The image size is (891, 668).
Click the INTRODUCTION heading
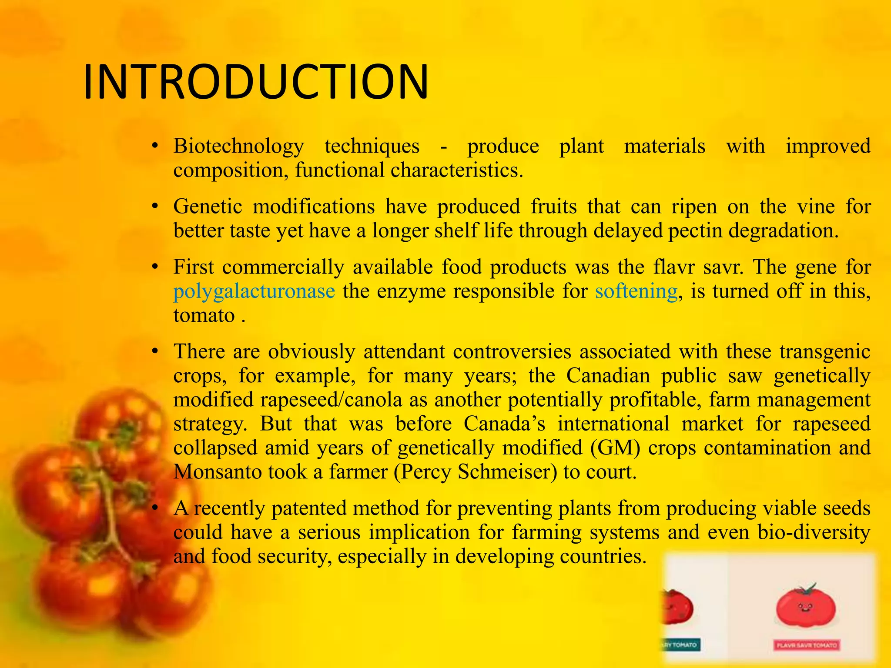coord(256,82)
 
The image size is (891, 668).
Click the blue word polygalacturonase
coord(254,291)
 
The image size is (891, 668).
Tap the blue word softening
coord(636,291)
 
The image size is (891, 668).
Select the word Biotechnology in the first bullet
coord(238,147)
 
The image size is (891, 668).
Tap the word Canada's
coord(504,424)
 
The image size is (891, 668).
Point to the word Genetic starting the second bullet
coord(208,207)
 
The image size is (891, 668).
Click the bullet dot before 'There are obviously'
coord(154,351)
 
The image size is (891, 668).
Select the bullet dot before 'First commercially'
coord(154,267)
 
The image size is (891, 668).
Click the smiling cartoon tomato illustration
coord(806,606)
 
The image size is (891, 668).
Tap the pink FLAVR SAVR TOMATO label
coord(807,645)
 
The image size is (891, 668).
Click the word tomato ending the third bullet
coord(204,315)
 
